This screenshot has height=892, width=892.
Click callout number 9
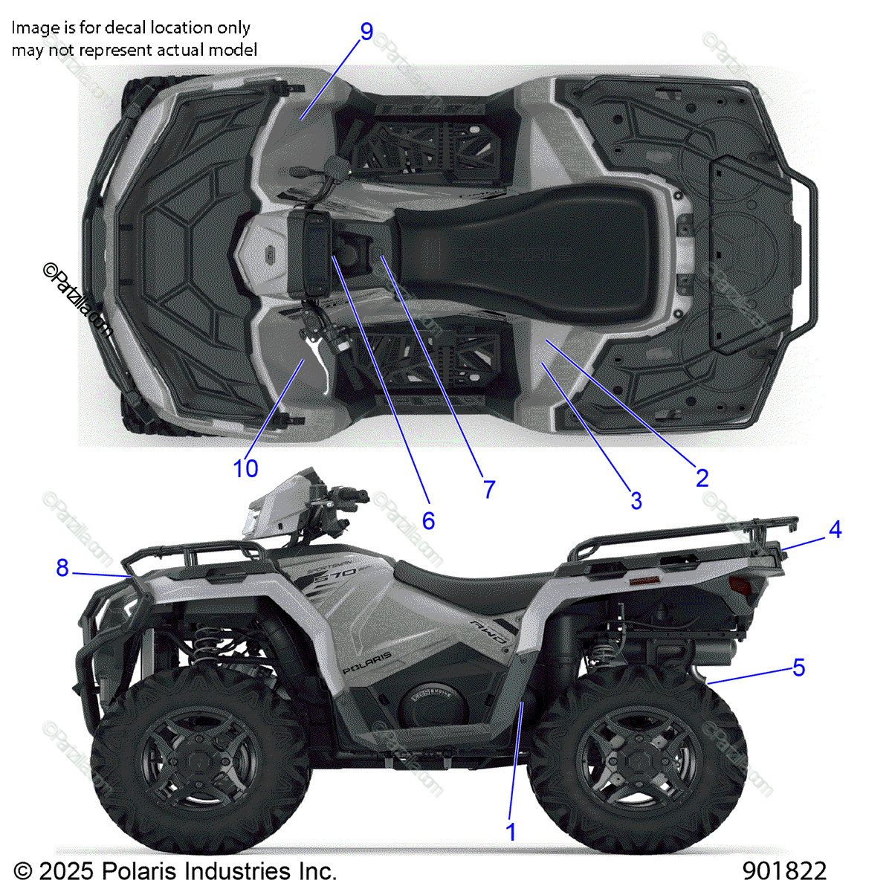click(366, 31)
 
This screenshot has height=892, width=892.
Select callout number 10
click(245, 469)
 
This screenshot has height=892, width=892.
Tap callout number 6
click(428, 520)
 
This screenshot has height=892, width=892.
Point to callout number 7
click(488, 489)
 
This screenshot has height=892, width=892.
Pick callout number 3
click(636, 500)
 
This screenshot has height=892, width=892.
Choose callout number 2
click(702, 478)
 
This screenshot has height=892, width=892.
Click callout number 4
click(835, 529)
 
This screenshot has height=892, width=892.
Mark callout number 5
click(798, 667)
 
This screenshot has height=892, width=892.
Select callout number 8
click(62, 568)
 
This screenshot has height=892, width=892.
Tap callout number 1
click(511, 831)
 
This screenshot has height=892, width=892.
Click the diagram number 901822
click(784, 870)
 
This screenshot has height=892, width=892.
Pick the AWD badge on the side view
click(491, 631)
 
